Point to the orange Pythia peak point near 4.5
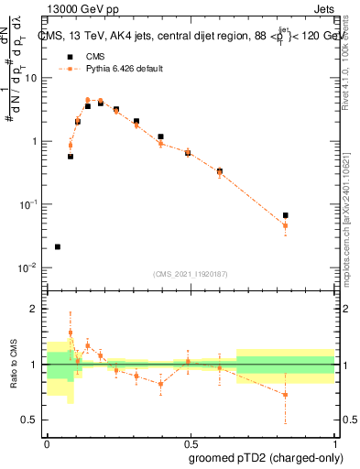[88, 100]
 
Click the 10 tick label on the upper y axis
[31, 78]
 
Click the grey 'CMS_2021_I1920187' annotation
[191, 274]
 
